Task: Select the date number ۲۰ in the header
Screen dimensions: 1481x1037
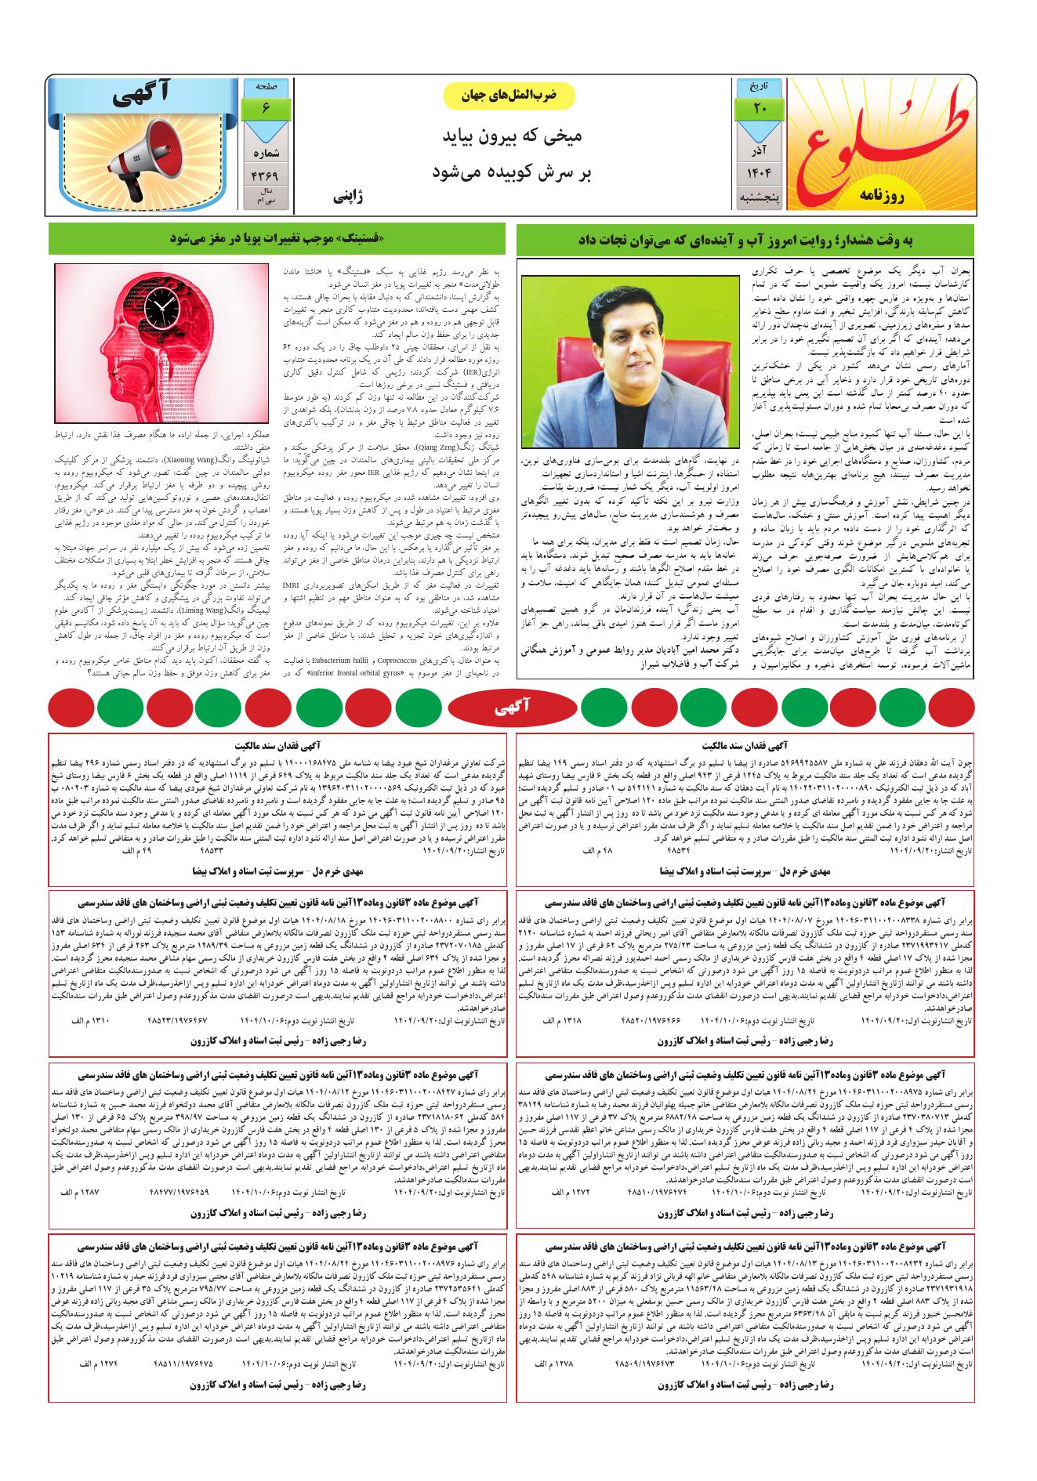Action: [x=760, y=110]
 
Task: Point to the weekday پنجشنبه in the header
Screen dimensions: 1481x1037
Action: [x=760, y=198]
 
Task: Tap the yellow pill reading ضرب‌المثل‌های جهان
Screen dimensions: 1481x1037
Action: [x=509, y=95]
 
